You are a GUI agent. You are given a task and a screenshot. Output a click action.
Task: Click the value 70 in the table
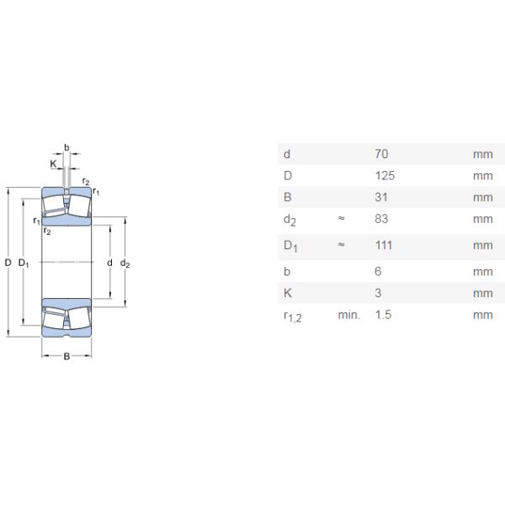click(381, 154)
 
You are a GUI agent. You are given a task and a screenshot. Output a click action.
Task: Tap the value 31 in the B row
click(381, 198)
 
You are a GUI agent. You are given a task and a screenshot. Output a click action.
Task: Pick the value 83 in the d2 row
click(381, 219)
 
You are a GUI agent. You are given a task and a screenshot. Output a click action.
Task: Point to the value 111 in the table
click(384, 246)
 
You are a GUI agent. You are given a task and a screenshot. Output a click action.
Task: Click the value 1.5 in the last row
click(383, 315)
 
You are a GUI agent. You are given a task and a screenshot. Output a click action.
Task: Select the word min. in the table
click(348, 315)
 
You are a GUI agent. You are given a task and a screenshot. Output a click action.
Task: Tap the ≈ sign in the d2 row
click(341, 219)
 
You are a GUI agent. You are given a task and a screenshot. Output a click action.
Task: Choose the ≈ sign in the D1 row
click(341, 246)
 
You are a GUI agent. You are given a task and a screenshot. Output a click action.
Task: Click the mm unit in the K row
click(482, 294)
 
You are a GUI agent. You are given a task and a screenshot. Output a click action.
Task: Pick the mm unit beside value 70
click(482, 154)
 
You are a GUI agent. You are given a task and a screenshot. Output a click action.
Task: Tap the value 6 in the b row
click(378, 272)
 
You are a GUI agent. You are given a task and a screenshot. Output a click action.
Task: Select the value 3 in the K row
click(378, 294)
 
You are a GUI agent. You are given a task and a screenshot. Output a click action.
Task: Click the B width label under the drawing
click(67, 357)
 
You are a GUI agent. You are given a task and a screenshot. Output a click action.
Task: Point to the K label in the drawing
click(53, 164)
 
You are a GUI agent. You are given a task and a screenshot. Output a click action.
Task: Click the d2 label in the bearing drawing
click(125, 263)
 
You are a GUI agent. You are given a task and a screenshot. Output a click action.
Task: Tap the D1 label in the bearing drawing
click(24, 263)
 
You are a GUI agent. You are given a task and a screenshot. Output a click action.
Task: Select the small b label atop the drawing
click(66, 146)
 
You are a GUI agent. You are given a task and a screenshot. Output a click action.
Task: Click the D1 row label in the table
click(291, 247)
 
